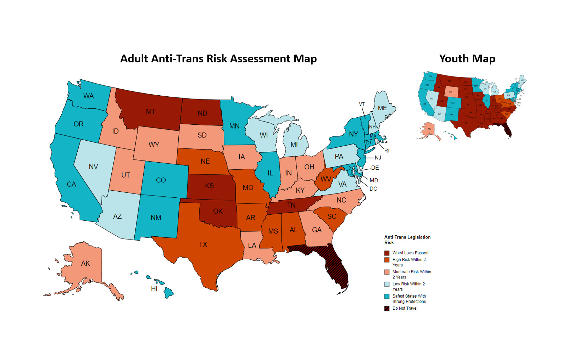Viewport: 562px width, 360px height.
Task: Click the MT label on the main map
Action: pos(151,112)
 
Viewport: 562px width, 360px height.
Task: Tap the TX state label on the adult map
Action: pos(203,244)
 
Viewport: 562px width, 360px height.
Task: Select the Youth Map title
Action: pos(467,58)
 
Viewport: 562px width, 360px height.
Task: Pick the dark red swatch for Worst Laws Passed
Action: pos(387,253)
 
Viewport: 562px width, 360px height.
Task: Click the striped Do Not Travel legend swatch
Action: pos(387,308)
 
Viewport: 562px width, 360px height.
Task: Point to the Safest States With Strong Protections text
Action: pos(409,299)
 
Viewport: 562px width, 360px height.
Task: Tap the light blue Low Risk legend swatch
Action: pos(387,284)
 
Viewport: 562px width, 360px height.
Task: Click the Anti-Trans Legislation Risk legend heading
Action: pos(407,240)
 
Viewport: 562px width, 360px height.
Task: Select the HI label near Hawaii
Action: pos(154,289)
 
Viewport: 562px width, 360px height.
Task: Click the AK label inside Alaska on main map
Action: pos(85,263)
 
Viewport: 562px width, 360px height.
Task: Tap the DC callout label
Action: pos(373,189)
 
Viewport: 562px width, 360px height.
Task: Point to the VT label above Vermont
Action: pos(362,104)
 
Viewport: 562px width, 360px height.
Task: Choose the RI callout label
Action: pos(387,151)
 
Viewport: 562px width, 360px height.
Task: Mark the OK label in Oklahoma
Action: pos(218,211)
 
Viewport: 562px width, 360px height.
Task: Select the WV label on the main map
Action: pos(325,179)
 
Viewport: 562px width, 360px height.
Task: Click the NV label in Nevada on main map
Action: pos(93,167)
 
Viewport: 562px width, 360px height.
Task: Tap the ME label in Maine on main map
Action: pos(382,108)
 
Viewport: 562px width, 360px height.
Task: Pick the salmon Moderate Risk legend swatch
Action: pos(387,272)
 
